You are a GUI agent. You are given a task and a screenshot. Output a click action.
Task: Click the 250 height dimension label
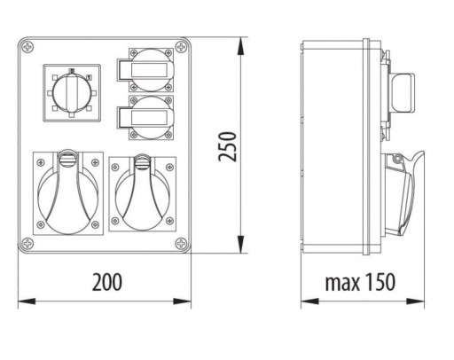coord(228,146)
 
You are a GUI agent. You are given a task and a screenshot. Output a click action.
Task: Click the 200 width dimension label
coord(107,282)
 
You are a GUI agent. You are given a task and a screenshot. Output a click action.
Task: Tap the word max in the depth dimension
coord(342,283)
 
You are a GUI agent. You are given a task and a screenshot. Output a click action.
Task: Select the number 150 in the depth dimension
coord(380,282)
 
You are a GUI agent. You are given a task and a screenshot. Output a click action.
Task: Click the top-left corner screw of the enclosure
coord(27,47)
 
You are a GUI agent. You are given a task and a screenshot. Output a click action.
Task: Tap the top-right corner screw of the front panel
coord(181,47)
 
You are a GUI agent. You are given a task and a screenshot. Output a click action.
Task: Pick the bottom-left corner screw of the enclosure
coord(27,243)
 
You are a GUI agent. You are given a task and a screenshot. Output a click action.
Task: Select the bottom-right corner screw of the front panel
coord(181,243)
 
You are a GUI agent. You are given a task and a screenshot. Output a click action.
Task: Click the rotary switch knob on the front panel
coord(72,93)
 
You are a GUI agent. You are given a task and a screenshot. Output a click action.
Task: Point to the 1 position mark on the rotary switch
coord(89,77)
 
